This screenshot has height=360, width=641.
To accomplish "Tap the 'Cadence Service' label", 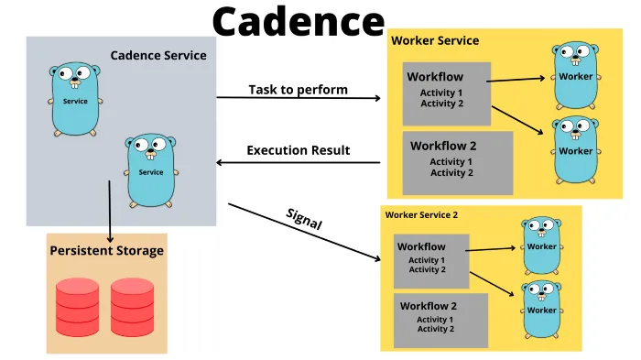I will [158, 55].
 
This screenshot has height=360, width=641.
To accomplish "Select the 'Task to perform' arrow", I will [299, 97].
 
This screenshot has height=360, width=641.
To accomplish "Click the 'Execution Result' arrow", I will [299, 163].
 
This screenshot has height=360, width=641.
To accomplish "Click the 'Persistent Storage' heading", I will [106, 250].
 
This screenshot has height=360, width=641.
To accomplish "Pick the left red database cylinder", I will [77, 306].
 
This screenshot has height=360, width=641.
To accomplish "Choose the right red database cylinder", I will [132, 306].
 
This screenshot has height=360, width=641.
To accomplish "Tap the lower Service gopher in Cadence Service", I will [150, 170].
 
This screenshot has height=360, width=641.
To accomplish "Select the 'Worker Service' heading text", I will [435, 40].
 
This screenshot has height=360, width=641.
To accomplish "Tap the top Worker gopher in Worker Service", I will [576, 74].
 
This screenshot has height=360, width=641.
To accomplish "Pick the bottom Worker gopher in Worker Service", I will [576, 147].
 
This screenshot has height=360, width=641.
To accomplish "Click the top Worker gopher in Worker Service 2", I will [542, 245].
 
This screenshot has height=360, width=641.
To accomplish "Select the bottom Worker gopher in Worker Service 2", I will [542, 309].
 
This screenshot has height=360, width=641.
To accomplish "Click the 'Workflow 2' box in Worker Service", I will [458, 162].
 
